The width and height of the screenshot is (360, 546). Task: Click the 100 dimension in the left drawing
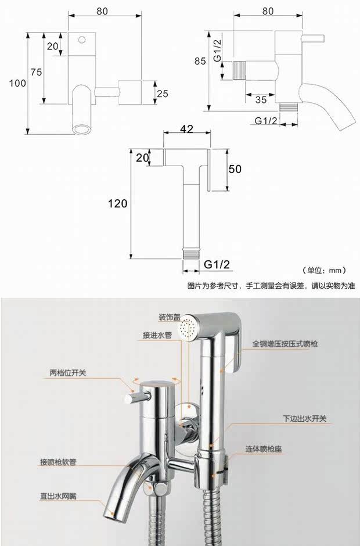(x=17, y=83)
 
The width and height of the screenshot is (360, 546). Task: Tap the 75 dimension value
(x=36, y=72)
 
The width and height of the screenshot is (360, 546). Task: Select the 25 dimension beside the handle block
(x=162, y=94)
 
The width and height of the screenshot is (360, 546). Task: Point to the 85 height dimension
(x=200, y=61)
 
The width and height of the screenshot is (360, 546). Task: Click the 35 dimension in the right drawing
(x=261, y=99)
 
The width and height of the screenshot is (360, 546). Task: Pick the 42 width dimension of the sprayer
(x=186, y=129)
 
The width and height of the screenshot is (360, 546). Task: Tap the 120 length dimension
(x=117, y=203)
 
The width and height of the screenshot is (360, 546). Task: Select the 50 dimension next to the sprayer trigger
(x=235, y=169)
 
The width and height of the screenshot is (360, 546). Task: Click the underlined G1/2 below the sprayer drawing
(x=217, y=264)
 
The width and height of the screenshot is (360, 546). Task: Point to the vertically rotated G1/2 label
(x=217, y=51)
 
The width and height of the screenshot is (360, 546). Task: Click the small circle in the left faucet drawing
(x=82, y=39)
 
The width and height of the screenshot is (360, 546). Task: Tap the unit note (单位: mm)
(x=324, y=270)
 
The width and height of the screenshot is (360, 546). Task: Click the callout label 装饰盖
(x=170, y=317)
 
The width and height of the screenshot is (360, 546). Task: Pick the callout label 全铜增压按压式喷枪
(x=285, y=344)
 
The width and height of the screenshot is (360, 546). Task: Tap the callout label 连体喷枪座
(x=264, y=449)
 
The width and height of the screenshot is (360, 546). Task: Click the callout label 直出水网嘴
(x=58, y=496)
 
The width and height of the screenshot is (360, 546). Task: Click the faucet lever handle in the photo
(x=138, y=397)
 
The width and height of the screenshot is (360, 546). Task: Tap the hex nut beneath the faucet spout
(x=160, y=488)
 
